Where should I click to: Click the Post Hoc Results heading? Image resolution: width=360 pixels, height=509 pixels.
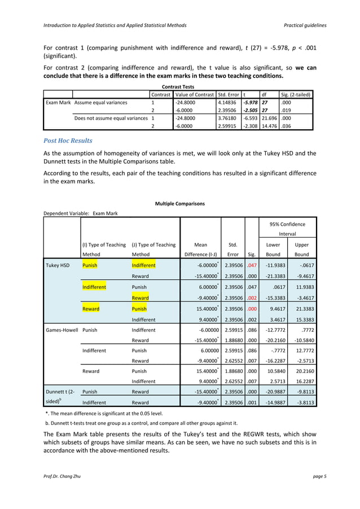point(69,141)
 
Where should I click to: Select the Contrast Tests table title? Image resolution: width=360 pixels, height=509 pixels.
point(179,86)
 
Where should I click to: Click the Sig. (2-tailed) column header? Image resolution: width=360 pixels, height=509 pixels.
point(295,94)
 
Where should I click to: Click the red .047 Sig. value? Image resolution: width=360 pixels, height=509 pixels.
point(252,264)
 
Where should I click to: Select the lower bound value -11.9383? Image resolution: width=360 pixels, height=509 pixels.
point(273,264)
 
